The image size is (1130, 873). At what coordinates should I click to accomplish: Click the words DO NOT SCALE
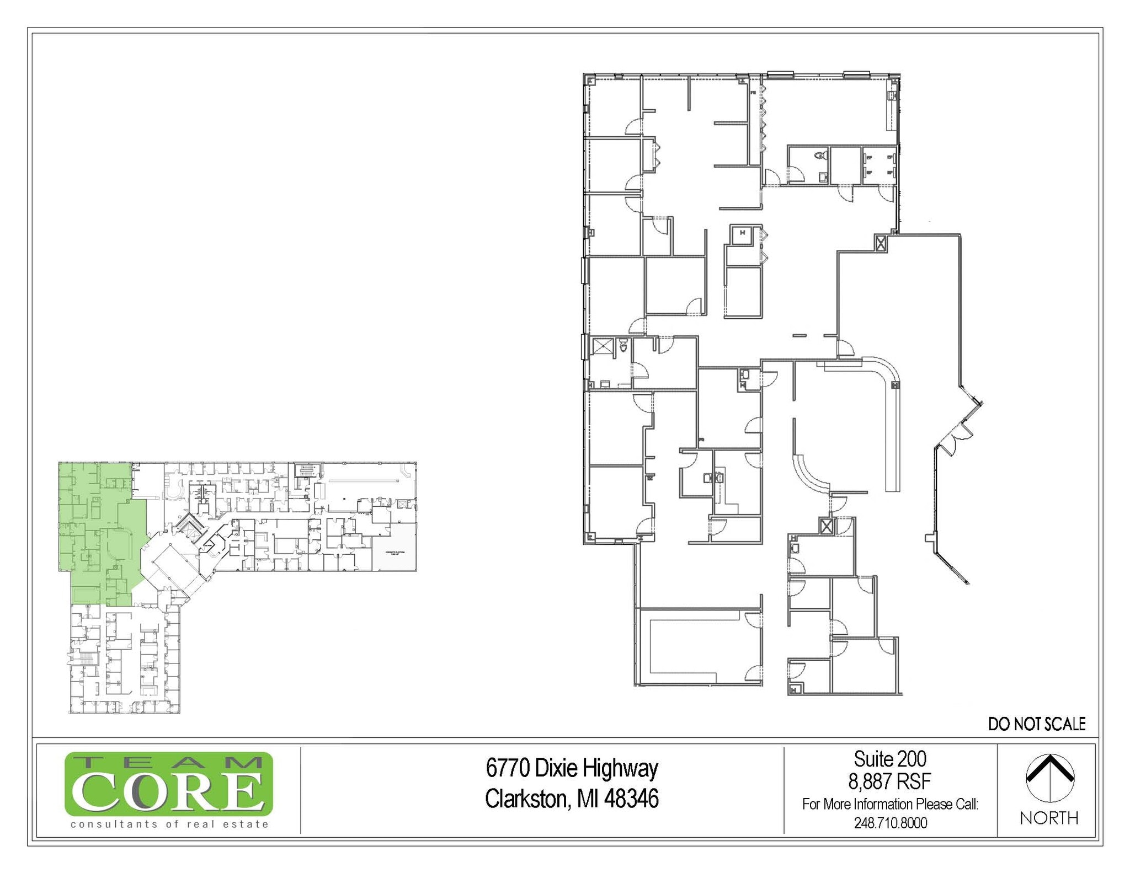coord(1036,724)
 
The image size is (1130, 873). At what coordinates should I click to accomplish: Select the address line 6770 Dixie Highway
coord(572,768)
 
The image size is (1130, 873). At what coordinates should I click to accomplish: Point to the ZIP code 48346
coord(631,799)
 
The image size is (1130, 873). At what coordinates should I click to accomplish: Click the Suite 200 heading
coord(889,759)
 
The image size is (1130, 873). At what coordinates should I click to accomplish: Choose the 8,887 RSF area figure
coord(889,781)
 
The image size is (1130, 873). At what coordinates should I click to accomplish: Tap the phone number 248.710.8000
coord(890,823)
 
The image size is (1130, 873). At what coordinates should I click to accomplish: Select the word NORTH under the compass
coord(1049,818)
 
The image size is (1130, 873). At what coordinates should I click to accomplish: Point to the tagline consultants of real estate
coord(169,824)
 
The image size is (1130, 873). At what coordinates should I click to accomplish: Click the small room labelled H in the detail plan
coord(743,233)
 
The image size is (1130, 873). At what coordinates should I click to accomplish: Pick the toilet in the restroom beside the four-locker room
coord(822,156)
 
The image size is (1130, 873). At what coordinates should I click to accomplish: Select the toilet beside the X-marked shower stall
coord(623,346)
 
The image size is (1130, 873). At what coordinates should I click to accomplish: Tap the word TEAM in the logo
coord(168,762)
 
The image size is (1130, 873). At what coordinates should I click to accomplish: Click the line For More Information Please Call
coord(890,804)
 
